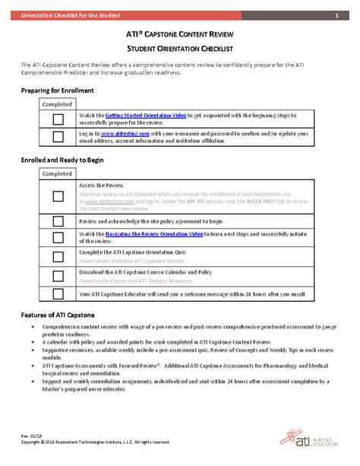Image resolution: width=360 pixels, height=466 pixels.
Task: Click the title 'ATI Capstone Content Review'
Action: click(180, 35)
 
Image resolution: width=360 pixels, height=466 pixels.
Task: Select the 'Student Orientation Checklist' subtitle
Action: click(180, 49)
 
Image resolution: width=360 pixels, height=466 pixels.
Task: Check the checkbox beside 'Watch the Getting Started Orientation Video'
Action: click(57, 119)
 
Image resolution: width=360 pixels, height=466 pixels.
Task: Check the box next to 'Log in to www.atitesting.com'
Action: click(57, 137)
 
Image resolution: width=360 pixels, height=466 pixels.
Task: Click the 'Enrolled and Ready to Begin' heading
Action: click(63, 161)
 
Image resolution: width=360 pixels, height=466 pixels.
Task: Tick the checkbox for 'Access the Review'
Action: click(57, 196)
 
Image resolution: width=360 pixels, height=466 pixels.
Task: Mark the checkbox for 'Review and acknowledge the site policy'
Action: click(57, 220)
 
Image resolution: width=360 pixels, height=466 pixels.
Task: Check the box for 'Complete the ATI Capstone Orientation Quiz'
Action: click(57, 256)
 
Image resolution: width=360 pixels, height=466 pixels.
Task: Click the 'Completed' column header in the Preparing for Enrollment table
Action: click(57, 104)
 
